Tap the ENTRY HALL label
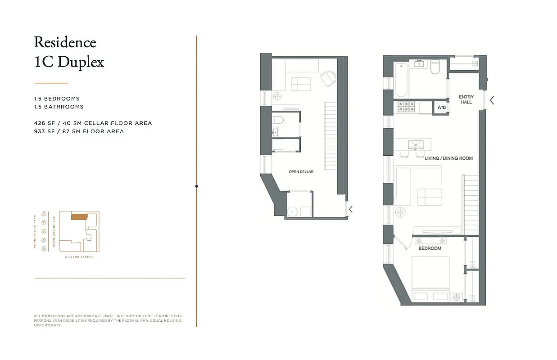pos(466,99)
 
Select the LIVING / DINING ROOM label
pos(448,158)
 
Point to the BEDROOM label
pos(430,248)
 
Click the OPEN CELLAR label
pos(301,172)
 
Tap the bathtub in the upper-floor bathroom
pos(402,80)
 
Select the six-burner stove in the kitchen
pos(407,107)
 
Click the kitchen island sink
pos(413,145)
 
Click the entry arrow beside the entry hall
pos(492,100)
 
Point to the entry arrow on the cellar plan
pos(351,209)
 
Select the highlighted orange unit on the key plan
pos(80,217)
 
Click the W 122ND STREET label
pos(79,257)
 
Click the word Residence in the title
pos(65,42)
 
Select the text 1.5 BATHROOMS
pos(59,107)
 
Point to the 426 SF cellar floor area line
pos(93,123)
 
